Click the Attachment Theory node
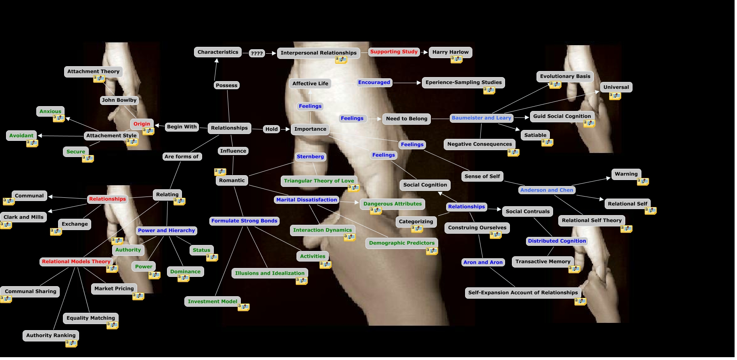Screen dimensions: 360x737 coord(93,71)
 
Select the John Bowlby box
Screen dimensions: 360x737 coord(119,100)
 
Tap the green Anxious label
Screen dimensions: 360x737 coord(50,111)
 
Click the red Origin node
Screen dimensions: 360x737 coord(142,124)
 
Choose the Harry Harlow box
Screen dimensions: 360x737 coord(450,52)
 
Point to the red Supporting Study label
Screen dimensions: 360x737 coord(394,52)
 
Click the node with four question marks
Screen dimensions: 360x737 coord(257,53)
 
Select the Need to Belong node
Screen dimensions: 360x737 coord(406,119)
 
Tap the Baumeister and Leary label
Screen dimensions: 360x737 coord(481,118)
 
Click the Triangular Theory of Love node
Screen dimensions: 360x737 coord(319,181)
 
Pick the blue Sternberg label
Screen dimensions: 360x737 coord(310,157)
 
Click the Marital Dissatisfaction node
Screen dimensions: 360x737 coord(306,200)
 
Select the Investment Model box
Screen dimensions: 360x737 coord(212,301)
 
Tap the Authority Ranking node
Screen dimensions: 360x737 coord(51,335)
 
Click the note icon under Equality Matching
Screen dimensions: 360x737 coord(113,325)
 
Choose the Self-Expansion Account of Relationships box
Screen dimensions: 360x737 coord(523,293)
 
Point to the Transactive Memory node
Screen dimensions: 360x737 coord(543,262)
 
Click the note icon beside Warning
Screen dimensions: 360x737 coord(643,182)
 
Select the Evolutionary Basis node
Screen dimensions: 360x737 coord(565,76)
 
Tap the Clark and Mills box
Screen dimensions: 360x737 coord(23,217)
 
